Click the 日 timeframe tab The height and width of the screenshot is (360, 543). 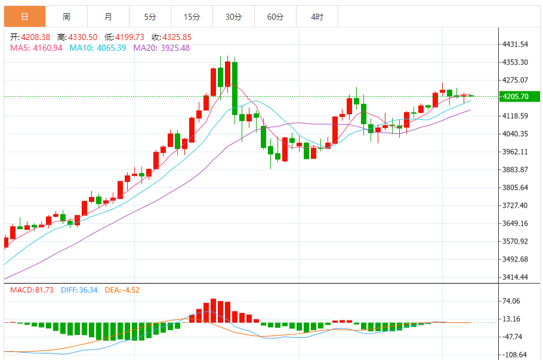24,17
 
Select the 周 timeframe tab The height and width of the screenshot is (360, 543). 66,17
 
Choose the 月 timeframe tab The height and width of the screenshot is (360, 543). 108,17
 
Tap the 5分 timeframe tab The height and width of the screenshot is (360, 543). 150,17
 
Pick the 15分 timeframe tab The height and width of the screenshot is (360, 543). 192,17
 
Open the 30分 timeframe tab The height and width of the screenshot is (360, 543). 233,17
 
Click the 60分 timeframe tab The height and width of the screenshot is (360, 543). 275,17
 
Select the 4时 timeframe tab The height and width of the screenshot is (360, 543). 317,17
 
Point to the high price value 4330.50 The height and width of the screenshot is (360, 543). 83,37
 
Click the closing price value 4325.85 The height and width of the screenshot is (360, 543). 178,37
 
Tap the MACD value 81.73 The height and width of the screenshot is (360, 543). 41,290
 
